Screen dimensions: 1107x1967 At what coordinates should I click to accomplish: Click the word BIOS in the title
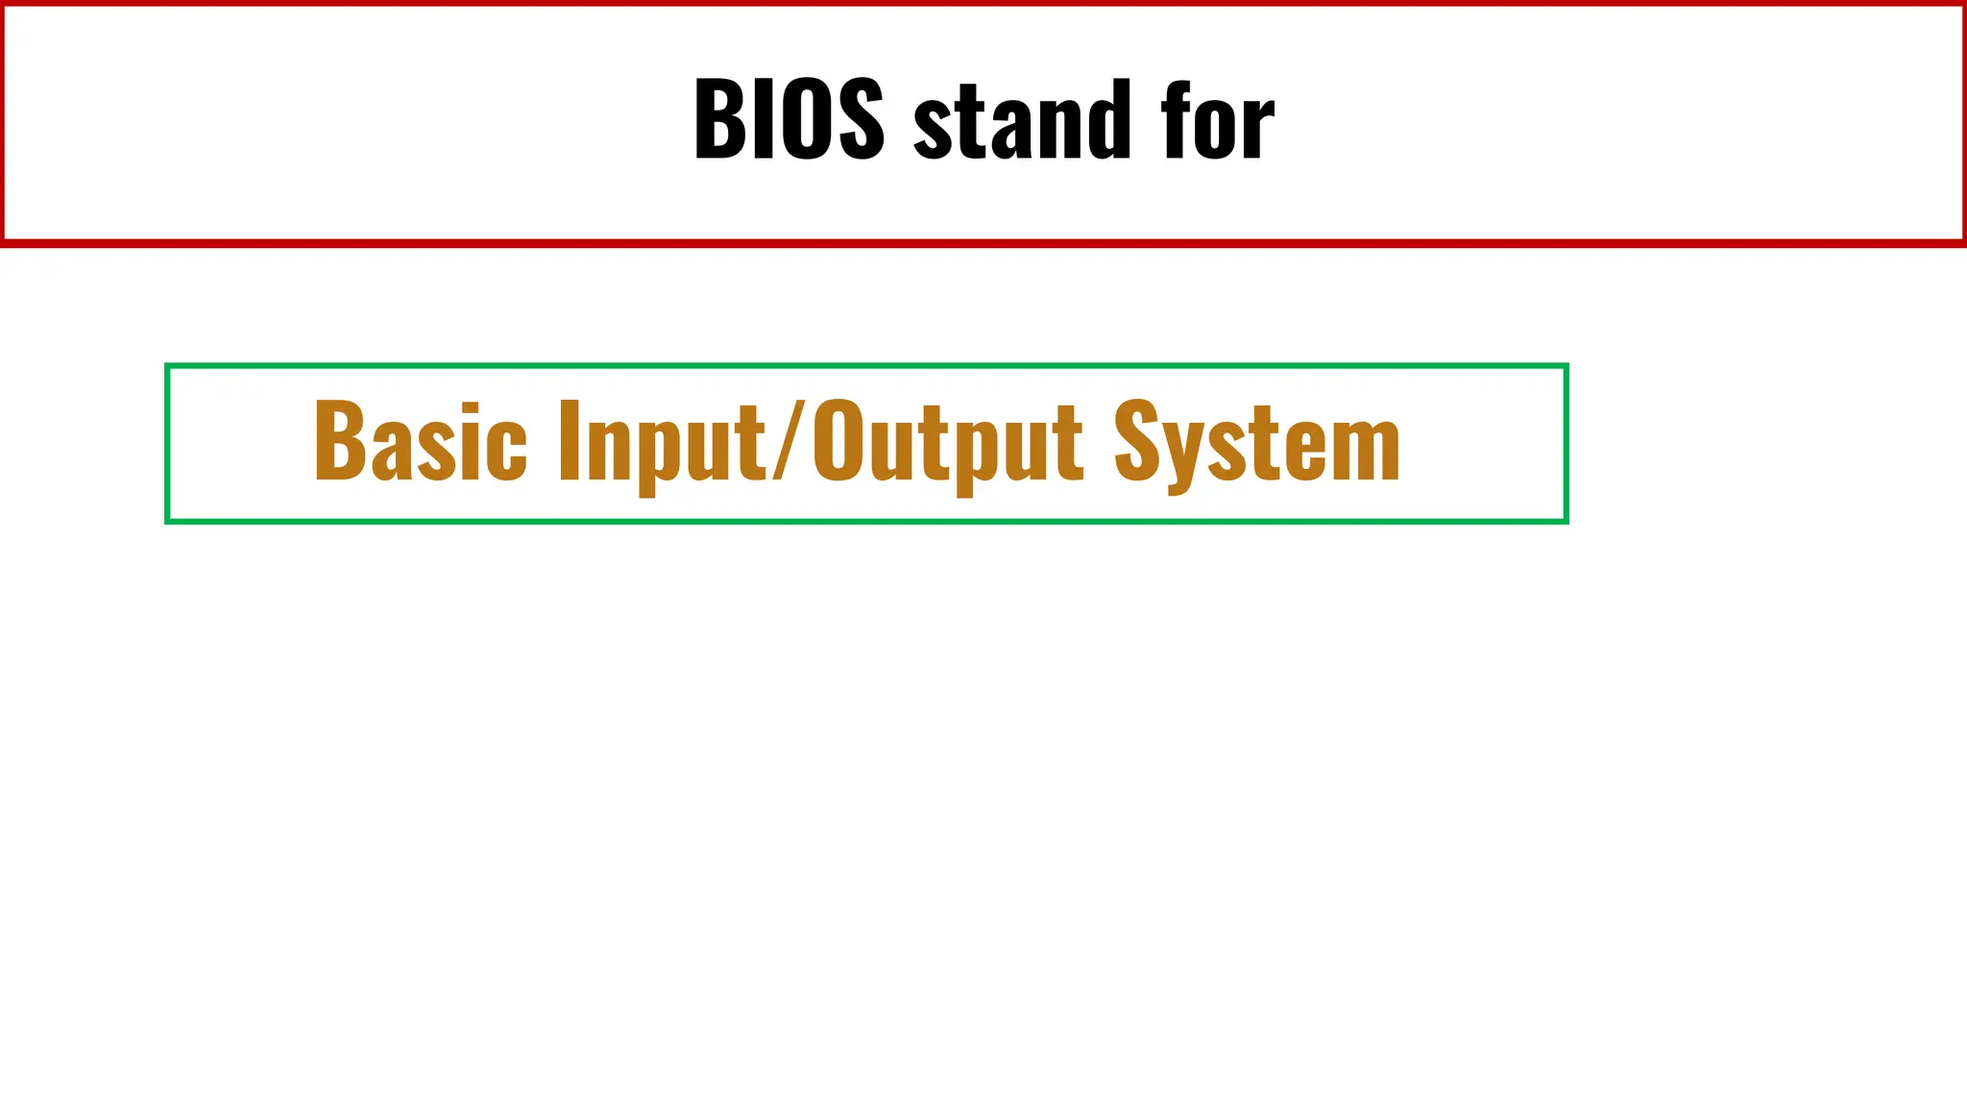(x=788, y=119)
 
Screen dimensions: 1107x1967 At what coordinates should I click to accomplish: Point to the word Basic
(x=420, y=442)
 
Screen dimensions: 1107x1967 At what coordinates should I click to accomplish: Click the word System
(x=1257, y=444)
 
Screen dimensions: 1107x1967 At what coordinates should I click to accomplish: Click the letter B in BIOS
(x=718, y=119)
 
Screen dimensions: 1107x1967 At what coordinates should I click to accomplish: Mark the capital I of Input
(x=571, y=440)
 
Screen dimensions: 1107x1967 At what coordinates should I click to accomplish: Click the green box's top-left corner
(x=167, y=366)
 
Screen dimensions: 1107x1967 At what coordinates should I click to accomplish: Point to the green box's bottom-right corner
(x=1566, y=521)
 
